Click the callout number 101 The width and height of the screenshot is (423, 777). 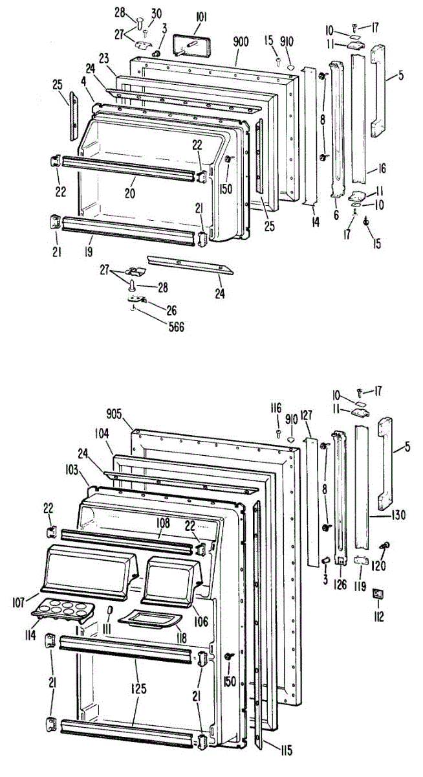pyautogui.click(x=199, y=12)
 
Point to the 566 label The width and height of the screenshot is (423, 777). pyautogui.click(x=173, y=327)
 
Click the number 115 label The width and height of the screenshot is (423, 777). pyautogui.click(x=285, y=750)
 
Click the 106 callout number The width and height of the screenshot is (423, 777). pyautogui.click(x=201, y=622)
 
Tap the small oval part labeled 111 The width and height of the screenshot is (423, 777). pyautogui.click(x=109, y=612)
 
